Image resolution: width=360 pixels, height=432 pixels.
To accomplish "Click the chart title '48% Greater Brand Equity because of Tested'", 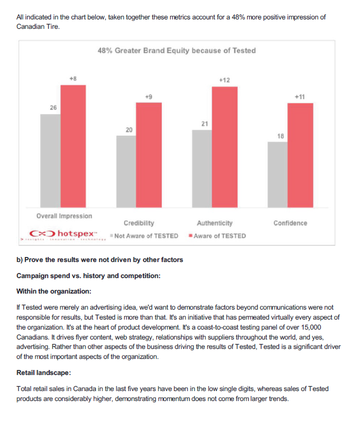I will (176, 50).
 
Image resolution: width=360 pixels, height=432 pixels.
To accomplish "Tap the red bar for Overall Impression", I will (73, 146).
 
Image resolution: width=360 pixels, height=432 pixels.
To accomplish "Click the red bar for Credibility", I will (149, 155).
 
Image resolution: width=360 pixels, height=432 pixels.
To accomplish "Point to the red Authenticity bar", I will (225, 147).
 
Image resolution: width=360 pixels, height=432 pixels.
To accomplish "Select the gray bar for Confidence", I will (277, 174).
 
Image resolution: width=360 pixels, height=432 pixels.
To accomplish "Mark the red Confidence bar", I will (300, 155).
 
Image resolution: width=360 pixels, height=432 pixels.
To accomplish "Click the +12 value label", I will (224, 80).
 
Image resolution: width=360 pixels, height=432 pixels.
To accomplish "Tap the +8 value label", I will (73, 79).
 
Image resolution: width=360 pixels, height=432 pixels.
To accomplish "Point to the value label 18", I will (280, 136).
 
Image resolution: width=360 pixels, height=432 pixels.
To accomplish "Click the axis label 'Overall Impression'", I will (64, 216).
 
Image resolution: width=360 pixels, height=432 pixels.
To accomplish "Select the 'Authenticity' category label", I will (215, 223).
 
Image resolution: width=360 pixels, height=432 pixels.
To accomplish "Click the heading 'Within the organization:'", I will (54, 291).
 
